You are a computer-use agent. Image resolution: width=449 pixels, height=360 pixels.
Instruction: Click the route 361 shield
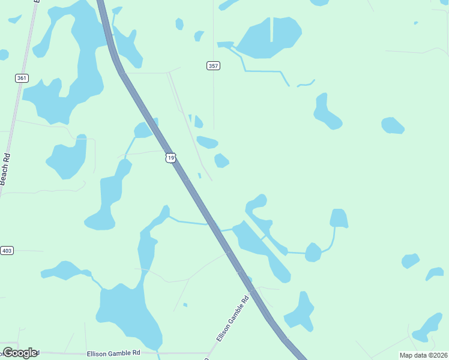(x=22, y=78)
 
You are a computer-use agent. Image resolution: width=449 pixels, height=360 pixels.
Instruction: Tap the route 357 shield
(x=213, y=65)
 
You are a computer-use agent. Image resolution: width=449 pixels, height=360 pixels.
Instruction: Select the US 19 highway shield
(x=171, y=158)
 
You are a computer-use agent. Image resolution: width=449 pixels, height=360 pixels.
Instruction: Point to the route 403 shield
(x=7, y=250)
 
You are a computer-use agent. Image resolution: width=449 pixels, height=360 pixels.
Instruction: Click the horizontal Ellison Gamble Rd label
(x=113, y=353)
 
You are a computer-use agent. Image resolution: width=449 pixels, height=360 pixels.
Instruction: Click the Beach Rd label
(x=5, y=167)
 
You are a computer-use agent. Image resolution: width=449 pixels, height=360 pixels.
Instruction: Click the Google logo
(x=20, y=353)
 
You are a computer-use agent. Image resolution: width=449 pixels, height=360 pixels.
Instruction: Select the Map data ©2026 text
(x=423, y=355)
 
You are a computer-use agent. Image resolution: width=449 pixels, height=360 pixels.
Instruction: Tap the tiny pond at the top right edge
(x=415, y=23)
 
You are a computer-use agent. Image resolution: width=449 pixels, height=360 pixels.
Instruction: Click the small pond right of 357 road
(x=221, y=160)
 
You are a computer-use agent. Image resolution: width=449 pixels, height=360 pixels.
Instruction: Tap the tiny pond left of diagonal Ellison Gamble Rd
(x=185, y=305)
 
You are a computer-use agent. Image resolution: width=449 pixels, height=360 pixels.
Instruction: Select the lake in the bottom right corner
(x=429, y=328)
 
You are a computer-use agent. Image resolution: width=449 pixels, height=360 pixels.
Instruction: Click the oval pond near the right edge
(x=393, y=125)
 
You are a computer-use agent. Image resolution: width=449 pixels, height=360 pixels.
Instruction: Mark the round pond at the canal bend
(x=313, y=252)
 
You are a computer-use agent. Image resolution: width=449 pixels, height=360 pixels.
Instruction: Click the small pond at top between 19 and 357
(x=179, y=24)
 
